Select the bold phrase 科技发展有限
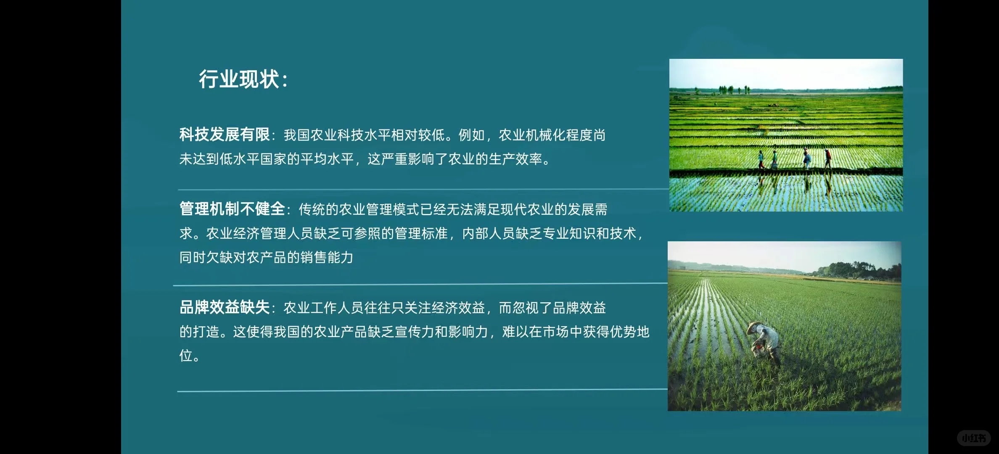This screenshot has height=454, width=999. pos(225,135)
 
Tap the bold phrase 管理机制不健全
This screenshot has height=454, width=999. pos(232,209)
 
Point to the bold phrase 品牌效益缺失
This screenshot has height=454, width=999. pos(225,308)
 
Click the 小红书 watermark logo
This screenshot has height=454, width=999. pos(974,438)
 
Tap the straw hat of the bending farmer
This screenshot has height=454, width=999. pos(754,327)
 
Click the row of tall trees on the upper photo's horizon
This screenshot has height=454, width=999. pos(733,89)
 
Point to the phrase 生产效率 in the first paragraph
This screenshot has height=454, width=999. pos(515,159)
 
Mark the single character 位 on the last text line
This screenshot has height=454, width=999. pos(186,356)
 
